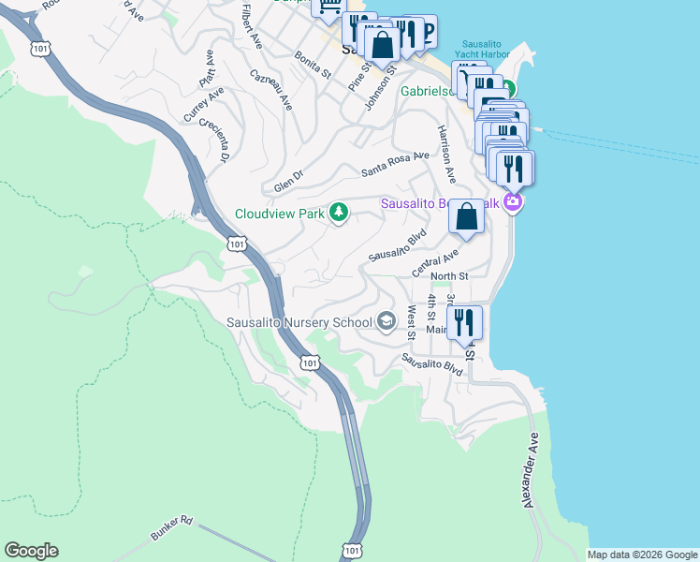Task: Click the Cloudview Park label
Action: (x=279, y=214)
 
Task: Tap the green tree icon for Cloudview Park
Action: (x=338, y=214)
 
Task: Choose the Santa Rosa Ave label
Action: (x=395, y=165)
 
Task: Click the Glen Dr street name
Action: (x=289, y=181)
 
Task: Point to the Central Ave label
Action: (x=437, y=262)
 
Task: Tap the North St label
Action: (x=448, y=276)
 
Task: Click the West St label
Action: (x=411, y=316)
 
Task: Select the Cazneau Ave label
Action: (x=271, y=89)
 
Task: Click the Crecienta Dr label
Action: (x=213, y=141)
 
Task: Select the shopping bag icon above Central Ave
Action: (x=466, y=217)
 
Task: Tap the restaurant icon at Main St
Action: (x=464, y=323)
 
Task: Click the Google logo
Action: (x=31, y=551)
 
